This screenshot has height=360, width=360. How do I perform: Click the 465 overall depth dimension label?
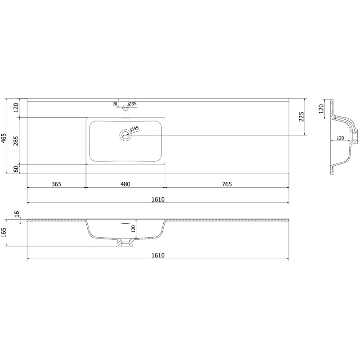pyautogui.click(x=4, y=138)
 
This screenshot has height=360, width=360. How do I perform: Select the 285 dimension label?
pyautogui.click(x=16, y=141)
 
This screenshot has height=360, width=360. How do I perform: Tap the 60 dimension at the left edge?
pyautogui.click(x=16, y=169)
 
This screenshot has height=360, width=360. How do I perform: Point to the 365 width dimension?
pyautogui.click(x=57, y=184)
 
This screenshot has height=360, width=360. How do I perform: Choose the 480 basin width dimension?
pyautogui.click(x=126, y=184)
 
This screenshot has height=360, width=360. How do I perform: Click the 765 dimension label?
pyautogui.click(x=227, y=184)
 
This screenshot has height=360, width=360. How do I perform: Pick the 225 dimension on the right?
pyautogui.click(x=301, y=117)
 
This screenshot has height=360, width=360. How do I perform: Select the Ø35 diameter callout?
pyautogui.click(x=132, y=104)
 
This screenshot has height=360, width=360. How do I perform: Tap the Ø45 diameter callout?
pyautogui.click(x=135, y=129)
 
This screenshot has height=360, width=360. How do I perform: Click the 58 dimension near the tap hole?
pyautogui.click(x=115, y=104)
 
